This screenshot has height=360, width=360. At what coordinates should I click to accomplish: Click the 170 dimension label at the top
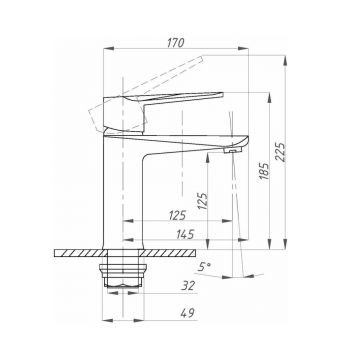click(x=181, y=42)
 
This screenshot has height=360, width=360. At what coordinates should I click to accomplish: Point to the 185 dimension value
click(x=264, y=176)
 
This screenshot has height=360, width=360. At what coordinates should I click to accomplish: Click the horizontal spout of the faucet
click(x=195, y=132)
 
